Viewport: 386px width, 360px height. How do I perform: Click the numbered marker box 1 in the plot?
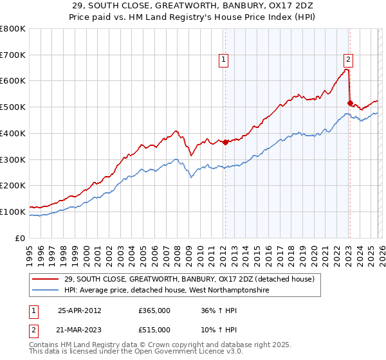(223, 60)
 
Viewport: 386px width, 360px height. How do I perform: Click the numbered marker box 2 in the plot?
(348, 60)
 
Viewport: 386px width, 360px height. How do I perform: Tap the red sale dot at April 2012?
(225, 143)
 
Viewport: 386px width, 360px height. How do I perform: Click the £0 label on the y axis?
(21, 238)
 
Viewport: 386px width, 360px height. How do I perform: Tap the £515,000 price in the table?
(154, 330)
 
